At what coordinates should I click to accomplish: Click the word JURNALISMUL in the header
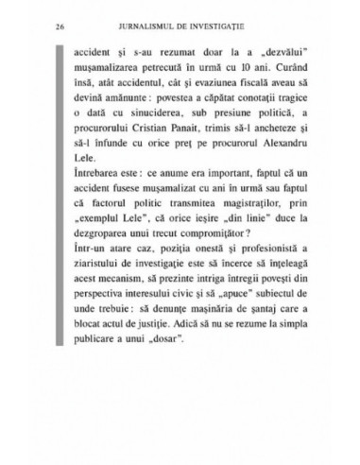click(143, 26)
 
